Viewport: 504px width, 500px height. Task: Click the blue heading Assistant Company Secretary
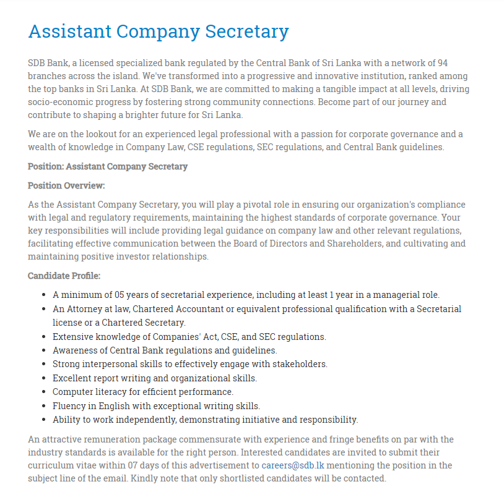tap(159, 32)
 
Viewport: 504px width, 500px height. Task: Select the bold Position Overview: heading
tap(66, 185)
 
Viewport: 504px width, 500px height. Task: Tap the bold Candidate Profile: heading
tap(64, 276)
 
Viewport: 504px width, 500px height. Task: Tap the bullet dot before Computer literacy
tap(43, 392)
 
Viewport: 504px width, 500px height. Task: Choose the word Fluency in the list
tap(69, 406)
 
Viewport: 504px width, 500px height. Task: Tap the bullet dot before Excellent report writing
tap(43, 378)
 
